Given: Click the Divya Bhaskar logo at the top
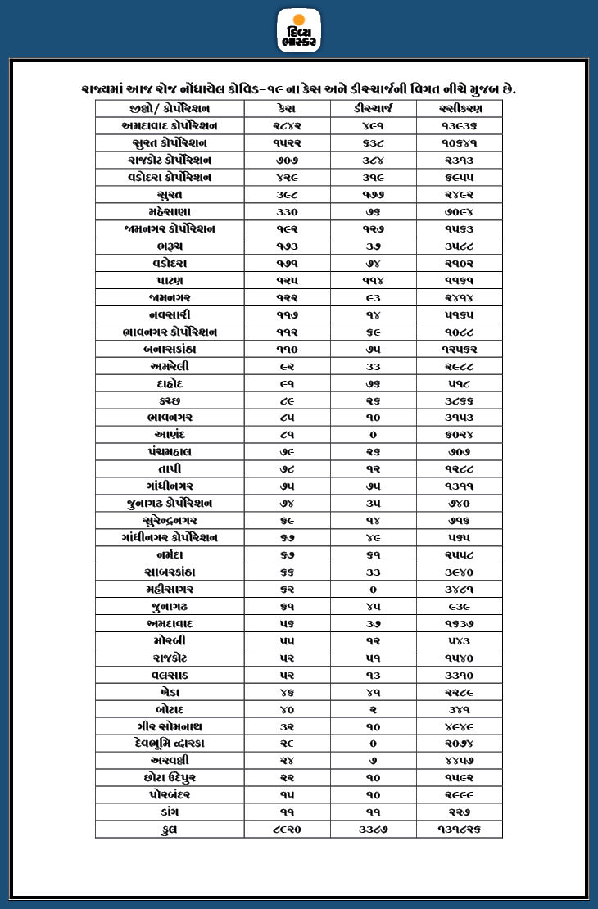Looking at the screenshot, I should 299,30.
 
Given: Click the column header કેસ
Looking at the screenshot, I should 287,109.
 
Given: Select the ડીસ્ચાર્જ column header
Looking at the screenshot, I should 373,109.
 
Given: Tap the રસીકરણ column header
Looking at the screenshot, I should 459,109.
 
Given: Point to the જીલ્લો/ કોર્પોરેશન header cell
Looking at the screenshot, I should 170,109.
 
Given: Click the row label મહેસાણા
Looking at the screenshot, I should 170,212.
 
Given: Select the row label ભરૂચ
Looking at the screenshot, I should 170,246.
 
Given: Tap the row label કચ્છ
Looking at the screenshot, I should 170,400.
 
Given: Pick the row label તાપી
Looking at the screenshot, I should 170,469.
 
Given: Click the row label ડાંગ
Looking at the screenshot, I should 170,812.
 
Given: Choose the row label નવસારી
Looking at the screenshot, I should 170,314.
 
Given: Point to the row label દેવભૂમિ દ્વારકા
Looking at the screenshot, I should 170,744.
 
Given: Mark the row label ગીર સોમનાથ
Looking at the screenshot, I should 170,726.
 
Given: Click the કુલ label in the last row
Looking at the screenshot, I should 170,829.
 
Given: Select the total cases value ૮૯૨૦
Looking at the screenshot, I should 287,829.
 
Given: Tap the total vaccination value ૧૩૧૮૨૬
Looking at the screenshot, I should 459,829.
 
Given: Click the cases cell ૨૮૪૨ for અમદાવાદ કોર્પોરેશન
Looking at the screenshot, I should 287,126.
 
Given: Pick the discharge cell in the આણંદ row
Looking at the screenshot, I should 373,435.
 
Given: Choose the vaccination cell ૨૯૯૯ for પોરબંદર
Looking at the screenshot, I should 459,794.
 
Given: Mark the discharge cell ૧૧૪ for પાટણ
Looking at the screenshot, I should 373,281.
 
